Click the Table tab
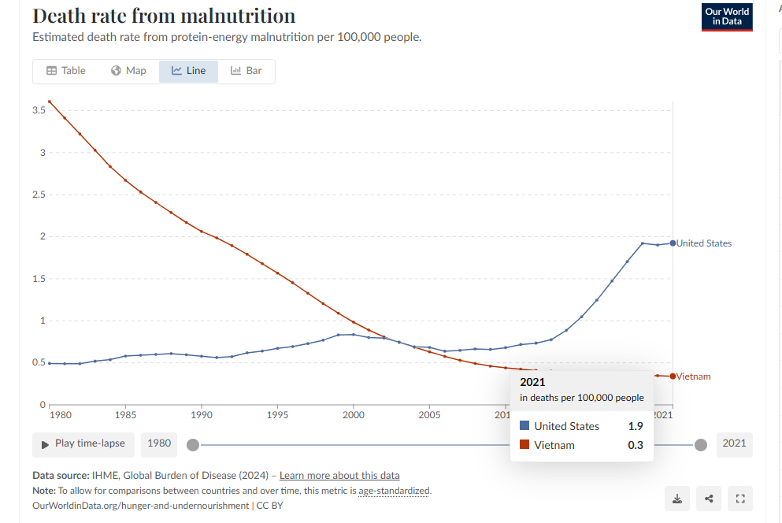click(x=66, y=71)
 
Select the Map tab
click(x=128, y=71)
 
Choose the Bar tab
click(x=246, y=71)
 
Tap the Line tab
click(x=188, y=71)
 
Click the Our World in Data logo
click(x=727, y=17)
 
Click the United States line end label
click(x=704, y=243)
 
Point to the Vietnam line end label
click(x=694, y=376)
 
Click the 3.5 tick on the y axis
click(x=39, y=110)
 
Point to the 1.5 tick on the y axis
click(x=39, y=279)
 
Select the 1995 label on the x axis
click(x=277, y=414)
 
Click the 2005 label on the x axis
click(x=429, y=414)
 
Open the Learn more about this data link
click(x=339, y=476)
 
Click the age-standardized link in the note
click(x=395, y=491)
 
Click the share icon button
click(x=709, y=498)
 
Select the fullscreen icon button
click(x=739, y=498)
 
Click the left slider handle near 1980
click(x=192, y=445)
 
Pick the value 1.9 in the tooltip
click(x=636, y=426)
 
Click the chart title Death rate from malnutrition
click(x=164, y=16)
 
